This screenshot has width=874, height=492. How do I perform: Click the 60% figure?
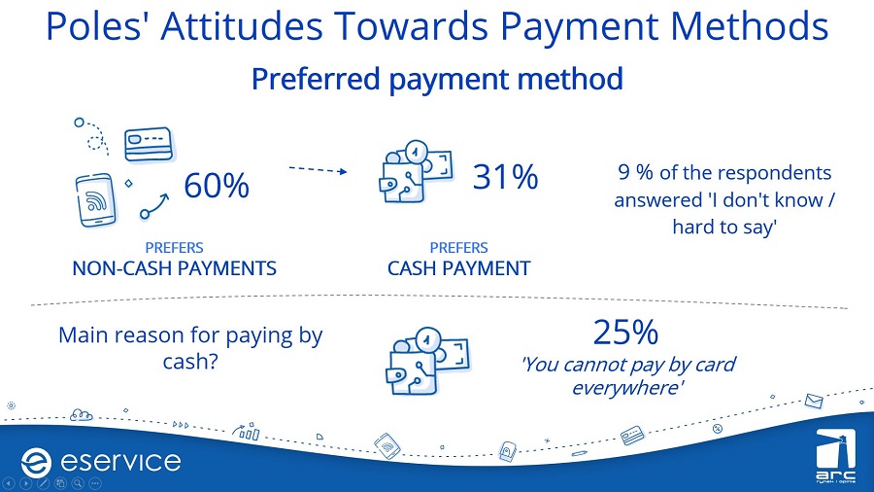217,185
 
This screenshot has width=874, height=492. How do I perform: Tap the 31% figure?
506,177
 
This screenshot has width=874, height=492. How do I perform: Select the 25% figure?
625,332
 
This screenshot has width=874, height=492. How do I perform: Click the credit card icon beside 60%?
149,144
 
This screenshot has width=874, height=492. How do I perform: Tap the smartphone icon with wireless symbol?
96,199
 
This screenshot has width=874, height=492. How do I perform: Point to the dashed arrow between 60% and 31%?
318,169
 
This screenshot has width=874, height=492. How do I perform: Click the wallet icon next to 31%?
416,171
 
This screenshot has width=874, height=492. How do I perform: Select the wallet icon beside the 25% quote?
428,361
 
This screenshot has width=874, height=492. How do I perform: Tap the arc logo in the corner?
835,455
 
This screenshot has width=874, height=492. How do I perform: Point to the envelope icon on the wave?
814,401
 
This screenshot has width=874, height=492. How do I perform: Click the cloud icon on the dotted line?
82,415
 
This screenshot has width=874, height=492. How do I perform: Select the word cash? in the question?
190,362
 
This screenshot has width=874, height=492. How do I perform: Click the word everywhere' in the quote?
627,387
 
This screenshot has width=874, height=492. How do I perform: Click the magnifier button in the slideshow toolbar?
78,483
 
